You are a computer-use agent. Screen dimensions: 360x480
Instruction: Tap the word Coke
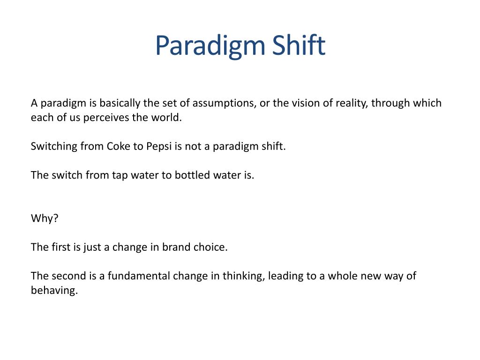point(120,146)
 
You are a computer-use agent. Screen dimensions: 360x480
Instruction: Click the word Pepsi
point(159,146)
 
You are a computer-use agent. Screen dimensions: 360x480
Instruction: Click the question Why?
point(45,218)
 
